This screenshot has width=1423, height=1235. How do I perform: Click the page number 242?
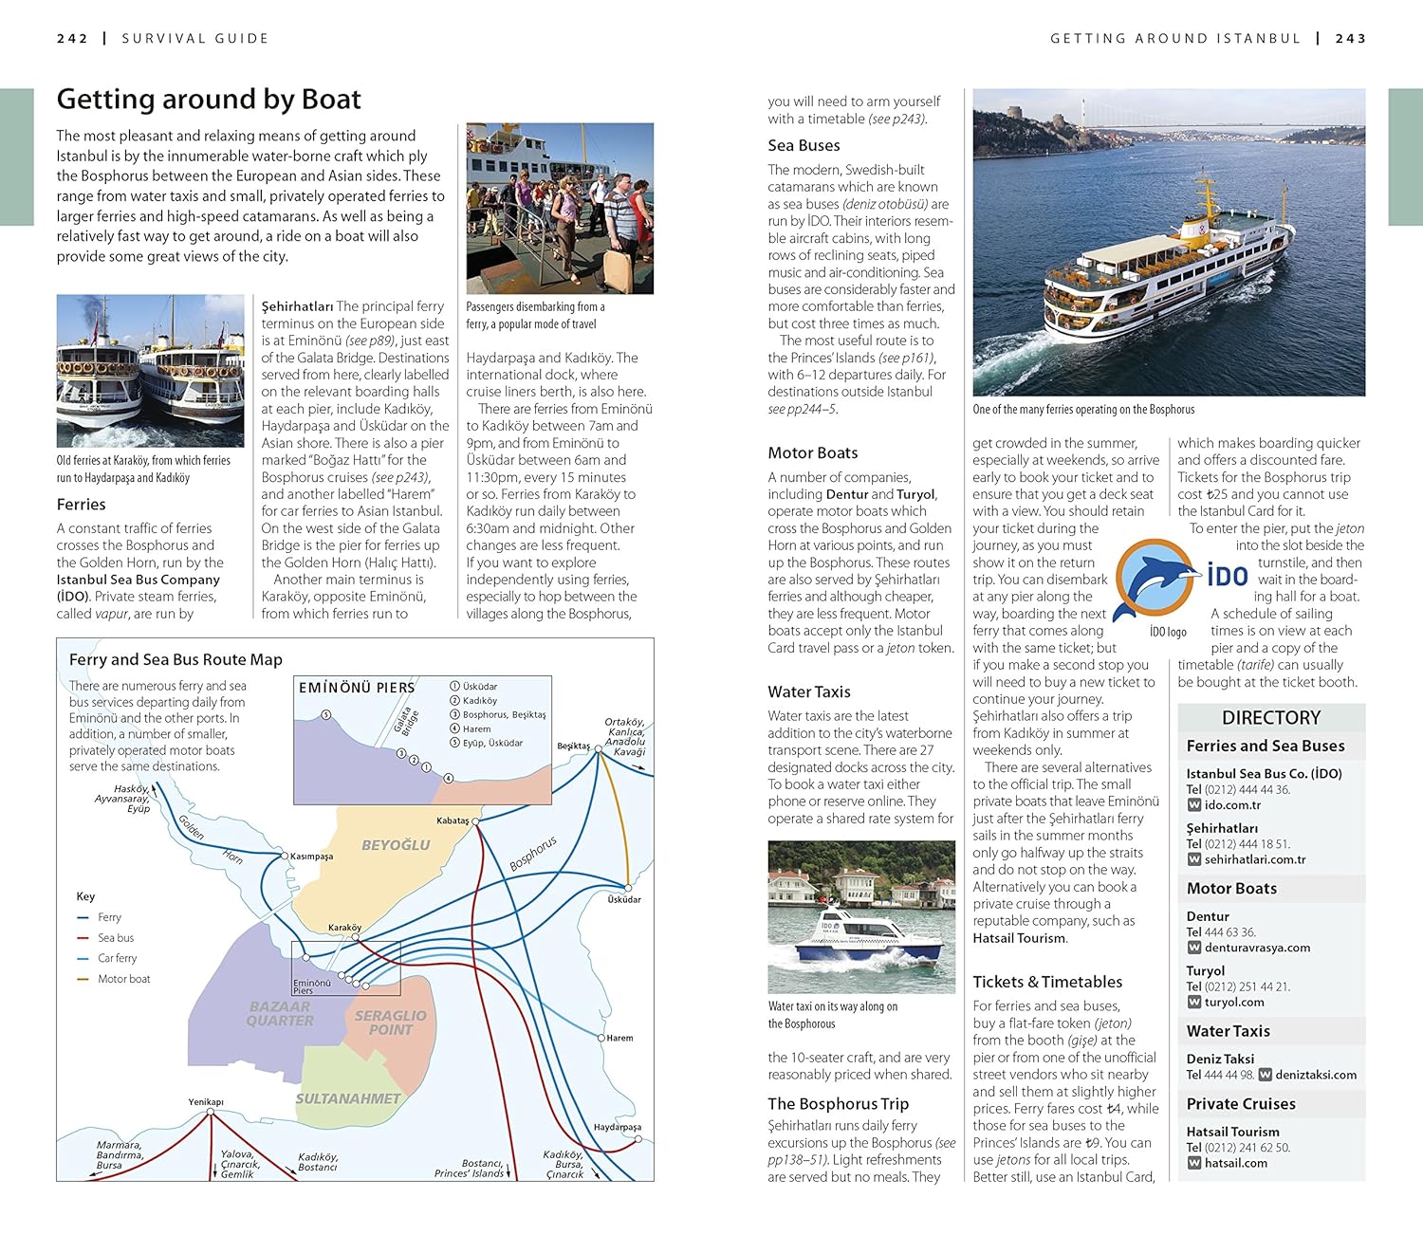coord(72,39)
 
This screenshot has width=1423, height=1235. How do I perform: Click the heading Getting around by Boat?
coord(209,100)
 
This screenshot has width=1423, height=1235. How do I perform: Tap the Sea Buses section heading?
coord(804,145)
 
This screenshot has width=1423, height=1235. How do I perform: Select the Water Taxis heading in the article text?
coord(809,691)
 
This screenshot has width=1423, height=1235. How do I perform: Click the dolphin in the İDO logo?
coord(1155,577)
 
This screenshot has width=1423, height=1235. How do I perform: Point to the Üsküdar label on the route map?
coord(624,899)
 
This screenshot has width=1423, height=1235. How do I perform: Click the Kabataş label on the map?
coord(453,820)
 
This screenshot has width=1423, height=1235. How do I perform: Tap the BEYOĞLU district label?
coord(396,845)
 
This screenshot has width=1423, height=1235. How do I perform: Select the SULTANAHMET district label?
coord(348,1098)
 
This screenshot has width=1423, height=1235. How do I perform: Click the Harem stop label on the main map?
coord(619,1038)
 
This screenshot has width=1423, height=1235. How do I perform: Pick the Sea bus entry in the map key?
coord(116,938)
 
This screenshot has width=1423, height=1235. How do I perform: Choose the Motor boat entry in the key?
coord(123,979)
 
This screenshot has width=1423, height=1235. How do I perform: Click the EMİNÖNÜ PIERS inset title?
coord(357,688)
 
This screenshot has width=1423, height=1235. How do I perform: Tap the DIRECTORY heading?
coord(1270,718)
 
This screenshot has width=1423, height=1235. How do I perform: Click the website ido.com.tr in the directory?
coord(1232,805)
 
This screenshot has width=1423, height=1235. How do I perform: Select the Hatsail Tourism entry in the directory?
coord(1232,1132)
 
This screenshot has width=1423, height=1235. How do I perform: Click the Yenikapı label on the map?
coord(206,1102)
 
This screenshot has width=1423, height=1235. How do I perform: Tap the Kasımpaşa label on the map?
coord(311,857)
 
